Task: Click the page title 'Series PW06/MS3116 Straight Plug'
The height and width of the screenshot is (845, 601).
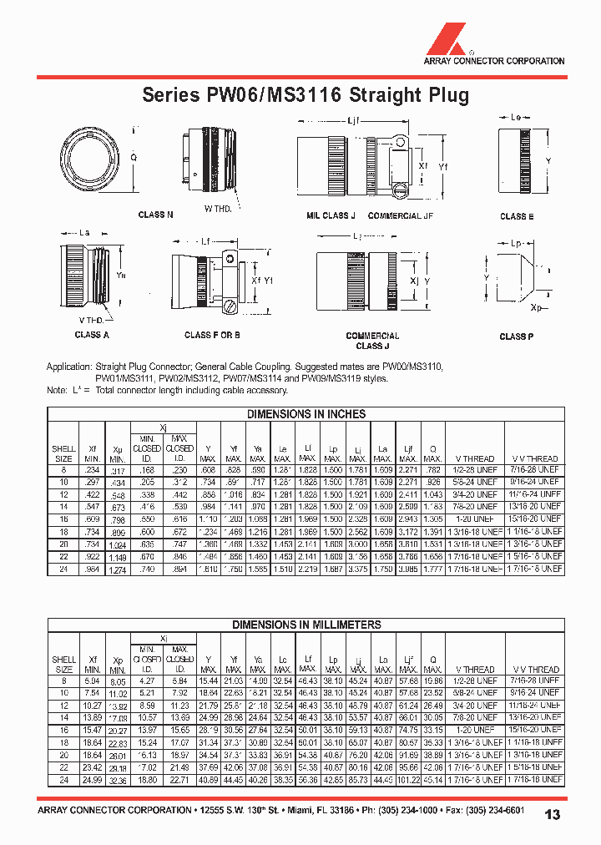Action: [x=305, y=95]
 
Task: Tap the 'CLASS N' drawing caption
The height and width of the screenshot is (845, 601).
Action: [x=155, y=215]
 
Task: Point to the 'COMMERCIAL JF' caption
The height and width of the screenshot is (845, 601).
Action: [x=401, y=215]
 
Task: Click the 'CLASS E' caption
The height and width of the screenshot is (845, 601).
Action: [x=518, y=216]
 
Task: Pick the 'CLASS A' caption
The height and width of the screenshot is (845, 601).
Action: [x=92, y=335]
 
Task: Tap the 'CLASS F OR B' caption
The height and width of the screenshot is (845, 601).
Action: [x=212, y=335]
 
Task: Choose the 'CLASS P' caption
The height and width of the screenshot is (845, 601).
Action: [x=517, y=336]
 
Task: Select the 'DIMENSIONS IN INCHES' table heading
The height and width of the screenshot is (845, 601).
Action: [x=306, y=414]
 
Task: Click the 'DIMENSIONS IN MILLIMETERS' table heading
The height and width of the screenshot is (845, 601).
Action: [x=306, y=625]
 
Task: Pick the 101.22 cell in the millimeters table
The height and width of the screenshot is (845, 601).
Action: [x=408, y=779]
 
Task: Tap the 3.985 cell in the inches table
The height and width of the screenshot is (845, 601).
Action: [x=408, y=569]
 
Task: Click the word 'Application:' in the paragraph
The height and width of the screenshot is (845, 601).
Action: [x=69, y=367]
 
